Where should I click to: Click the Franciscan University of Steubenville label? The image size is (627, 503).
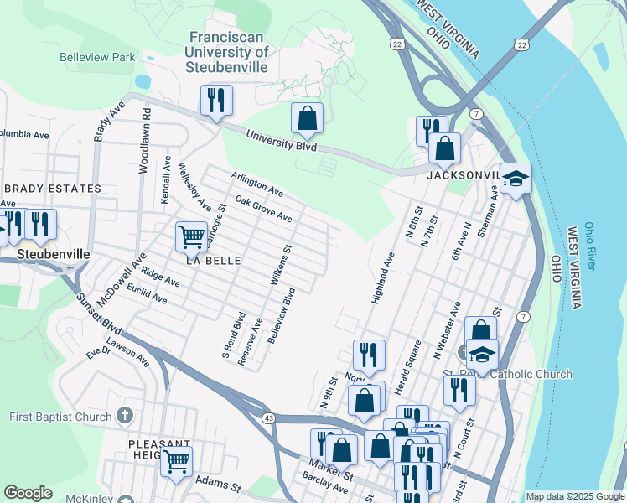[229, 52]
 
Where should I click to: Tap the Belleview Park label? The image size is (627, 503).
[97, 58]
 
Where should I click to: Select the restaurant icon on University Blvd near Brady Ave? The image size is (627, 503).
[216, 101]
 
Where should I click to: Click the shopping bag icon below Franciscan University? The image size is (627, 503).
[307, 118]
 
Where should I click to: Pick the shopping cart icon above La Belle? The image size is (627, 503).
[191, 237]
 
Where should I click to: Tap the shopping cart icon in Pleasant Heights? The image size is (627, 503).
[176, 460]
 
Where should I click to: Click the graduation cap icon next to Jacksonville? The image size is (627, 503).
[516, 178]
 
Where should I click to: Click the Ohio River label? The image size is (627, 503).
[591, 246]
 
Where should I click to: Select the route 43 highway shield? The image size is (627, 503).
[268, 417]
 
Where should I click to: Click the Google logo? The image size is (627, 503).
[28, 493]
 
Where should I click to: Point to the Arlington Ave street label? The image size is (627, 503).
[257, 185]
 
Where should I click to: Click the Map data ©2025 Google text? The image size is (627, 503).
[574, 496]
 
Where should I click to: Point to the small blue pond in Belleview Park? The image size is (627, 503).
[142, 82]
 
